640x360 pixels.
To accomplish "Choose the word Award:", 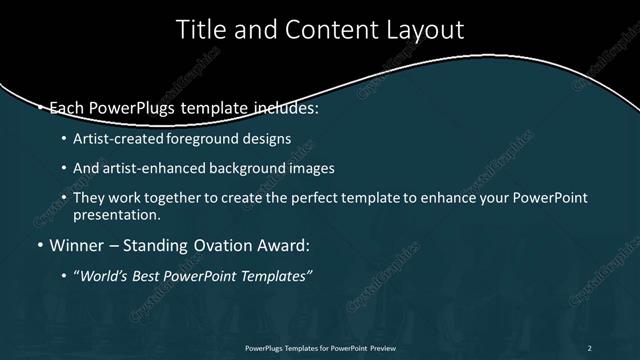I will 283,245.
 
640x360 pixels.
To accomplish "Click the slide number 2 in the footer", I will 589,347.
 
